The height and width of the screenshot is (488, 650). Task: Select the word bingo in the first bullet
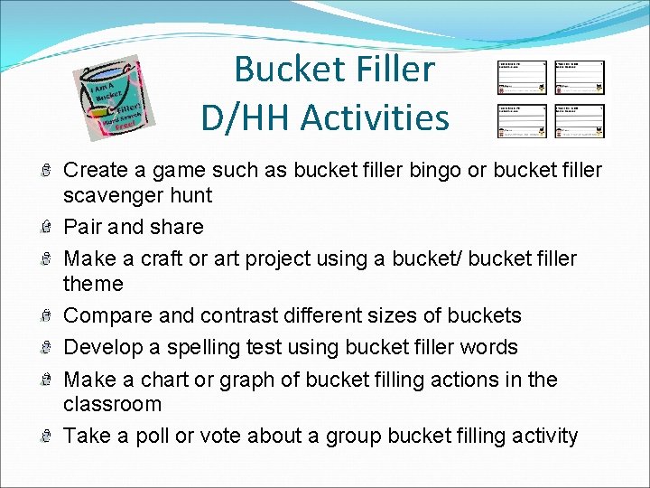click(x=395, y=170)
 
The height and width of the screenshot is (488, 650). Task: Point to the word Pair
click(x=84, y=227)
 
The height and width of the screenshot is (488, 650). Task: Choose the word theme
click(x=93, y=284)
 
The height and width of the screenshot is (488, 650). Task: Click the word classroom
click(x=113, y=404)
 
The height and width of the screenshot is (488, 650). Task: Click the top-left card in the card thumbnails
click(x=523, y=79)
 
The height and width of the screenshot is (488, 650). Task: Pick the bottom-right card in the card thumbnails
click(x=580, y=121)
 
